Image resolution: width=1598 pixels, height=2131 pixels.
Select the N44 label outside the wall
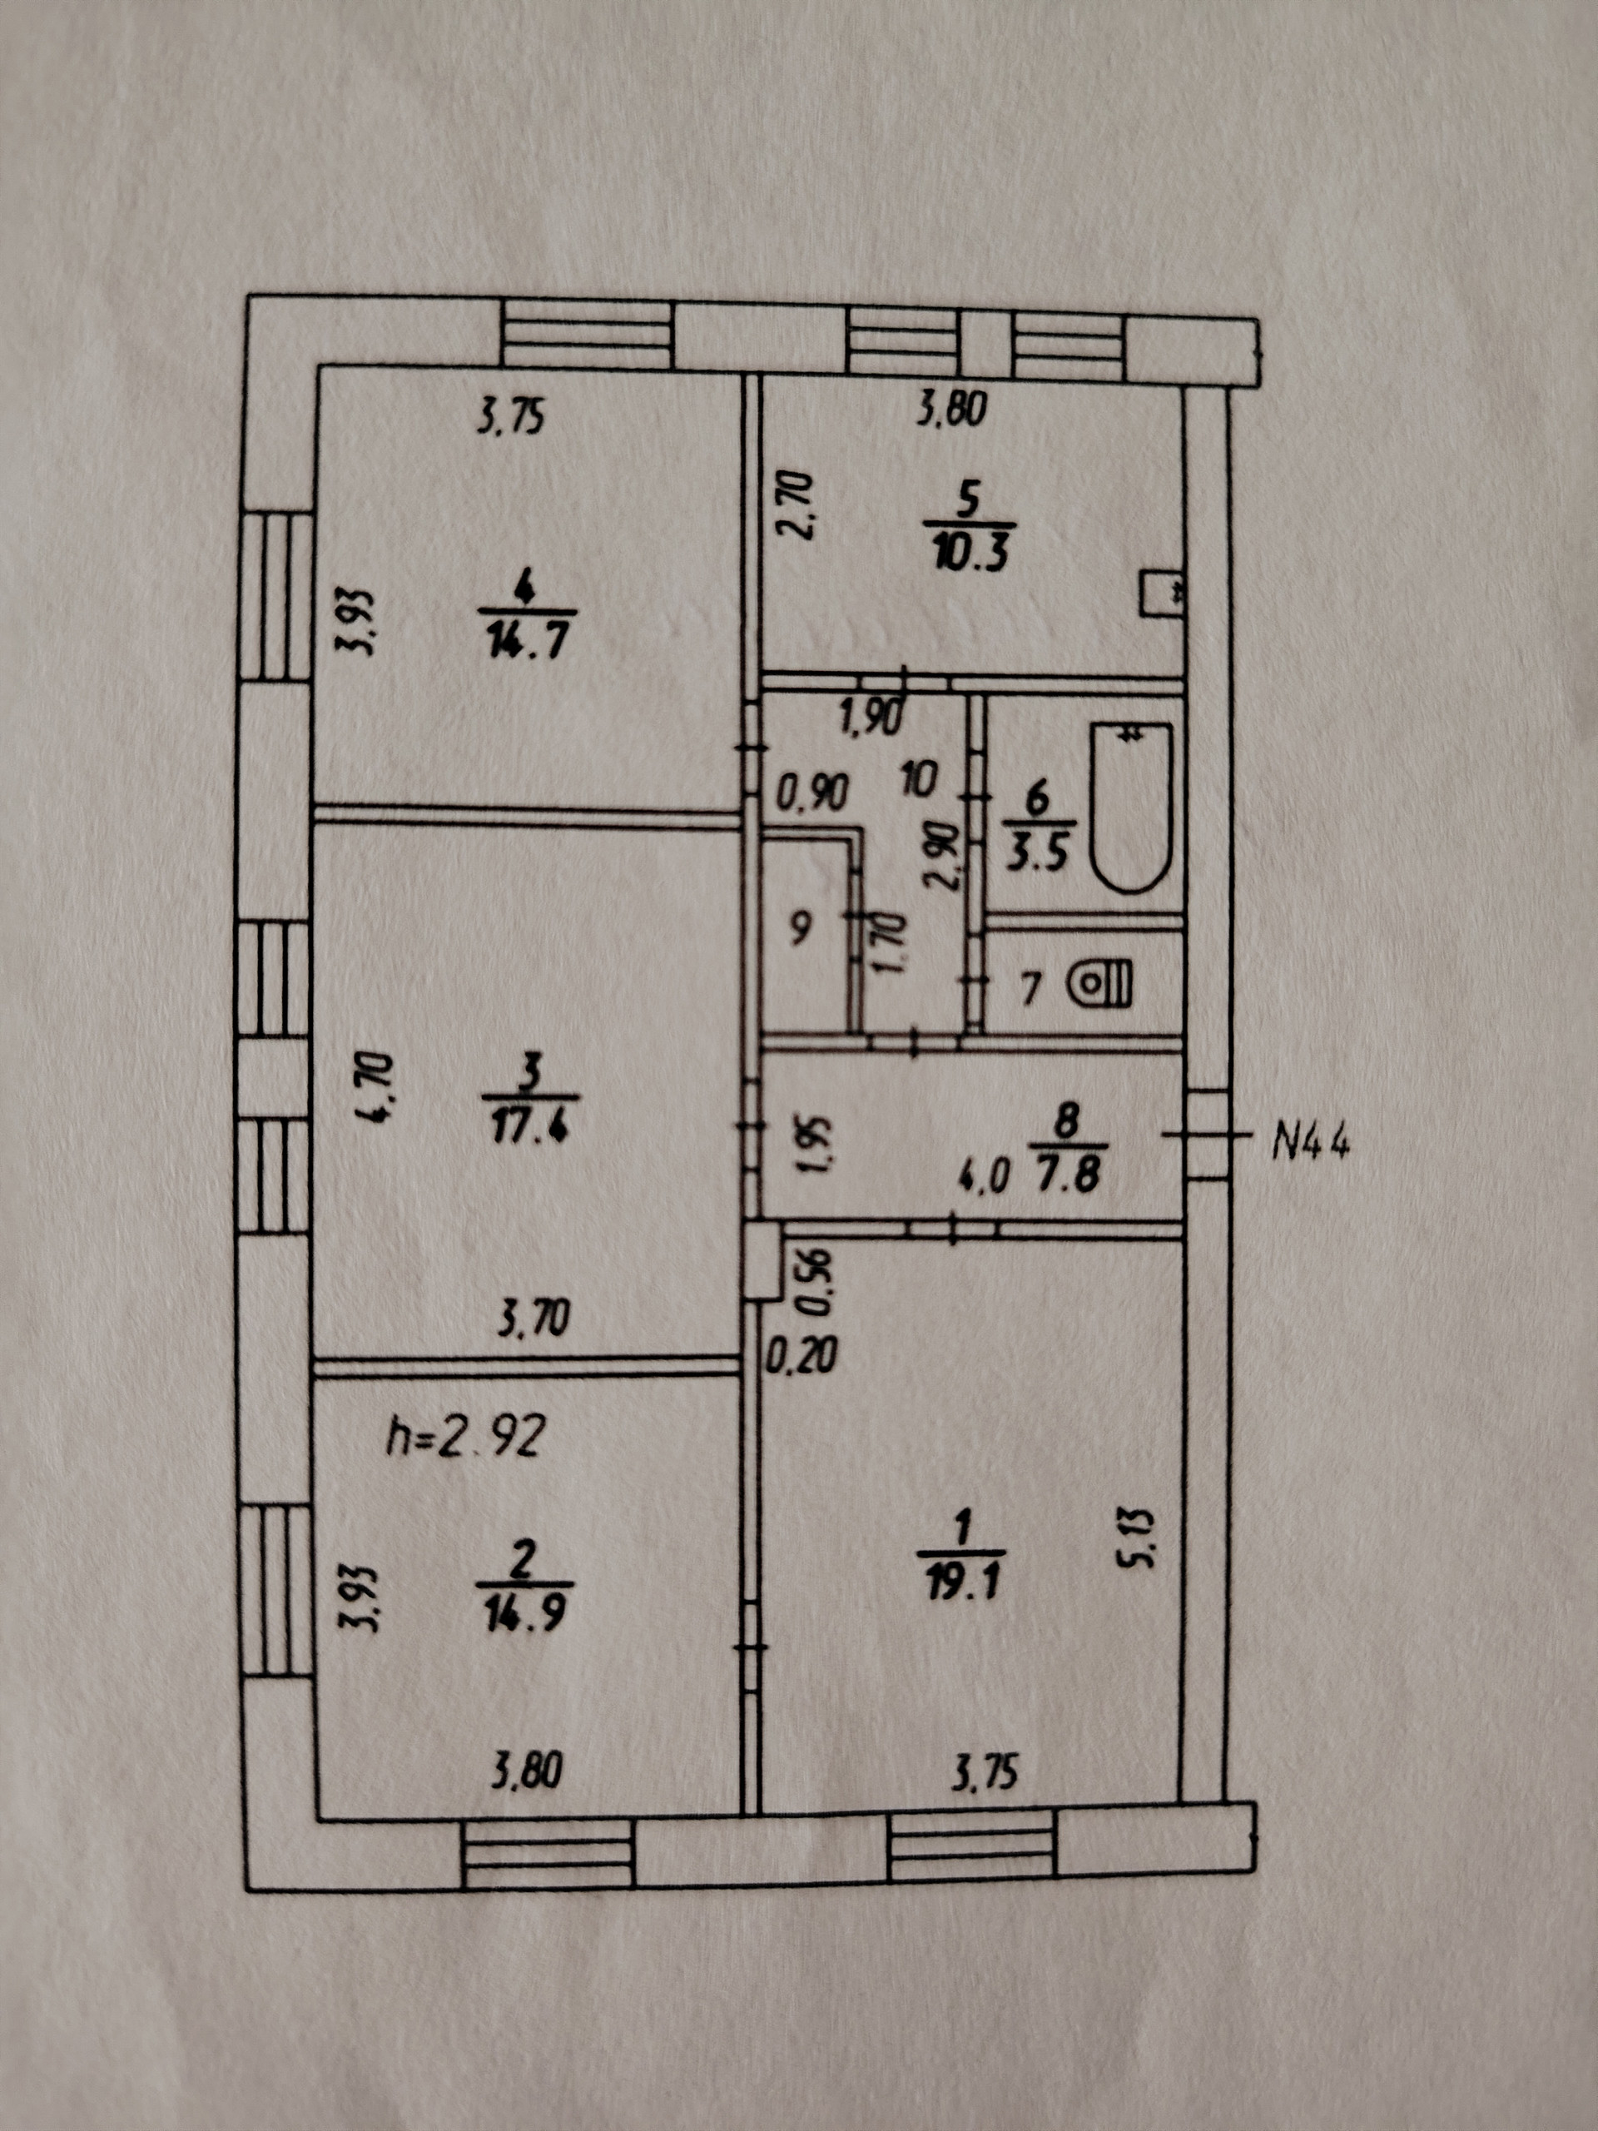coord(1312,1144)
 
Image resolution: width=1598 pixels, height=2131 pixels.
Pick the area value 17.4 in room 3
coord(531,1125)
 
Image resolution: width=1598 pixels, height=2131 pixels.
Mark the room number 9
coord(801,926)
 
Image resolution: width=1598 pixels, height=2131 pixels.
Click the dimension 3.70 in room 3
coord(533,1318)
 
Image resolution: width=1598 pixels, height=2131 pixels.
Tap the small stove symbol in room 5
coord(1162,593)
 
